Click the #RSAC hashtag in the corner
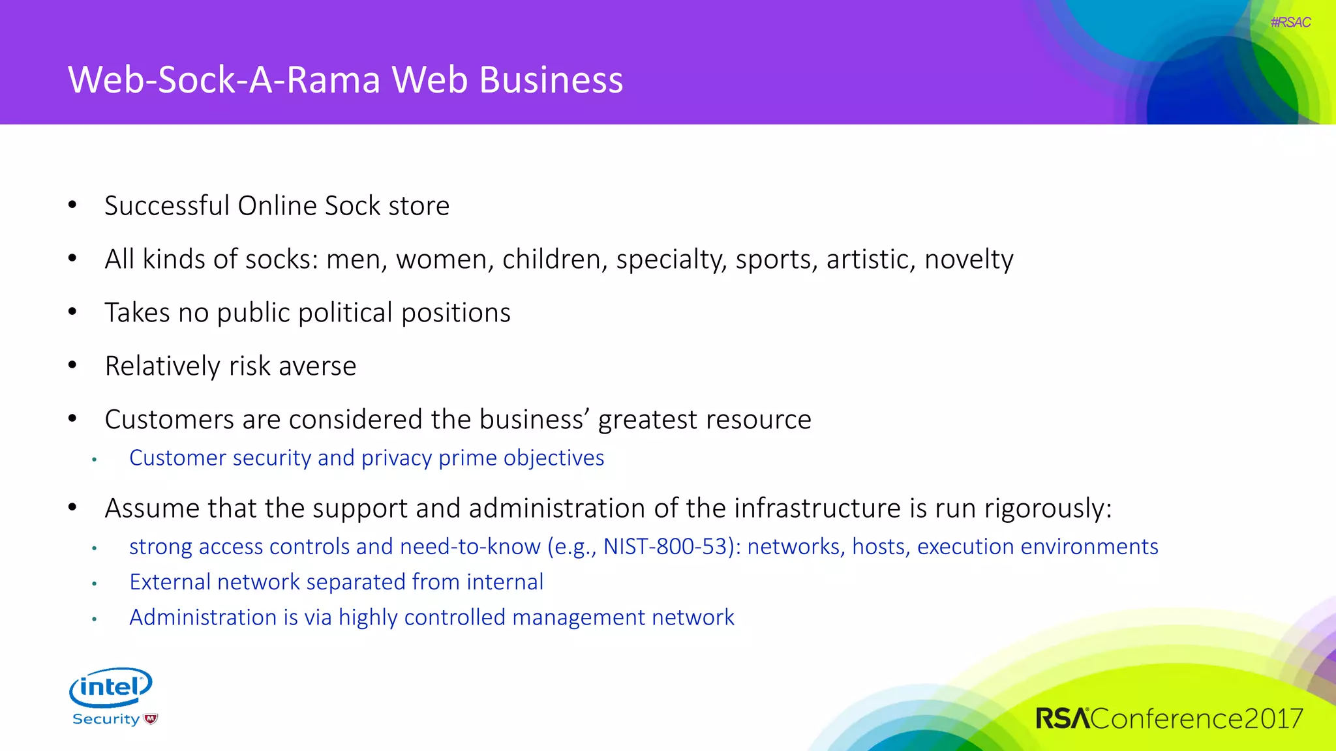click(1290, 22)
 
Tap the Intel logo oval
click(111, 687)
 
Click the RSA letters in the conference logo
click(1063, 718)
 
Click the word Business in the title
click(551, 80)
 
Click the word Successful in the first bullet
click(166, 206)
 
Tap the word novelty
click(969, 259)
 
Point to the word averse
click(318, 366)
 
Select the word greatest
click(647, 420)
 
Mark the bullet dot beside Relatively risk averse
click(72, 365)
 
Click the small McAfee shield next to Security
click(151, 719)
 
